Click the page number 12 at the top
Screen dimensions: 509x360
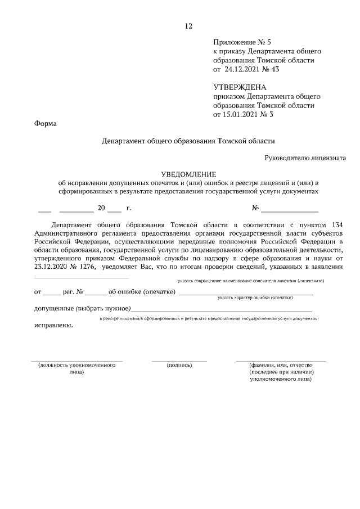click(x=188, y=26)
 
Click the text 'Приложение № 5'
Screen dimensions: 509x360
click(x=242, y=42)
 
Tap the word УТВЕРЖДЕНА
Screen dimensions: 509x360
click(x=240, y=88)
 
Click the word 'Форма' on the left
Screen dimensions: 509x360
click(x=46, y=124)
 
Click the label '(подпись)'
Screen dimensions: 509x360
click(x=179, y=365)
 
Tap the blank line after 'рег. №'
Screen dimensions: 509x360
click(x=96, y=292)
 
